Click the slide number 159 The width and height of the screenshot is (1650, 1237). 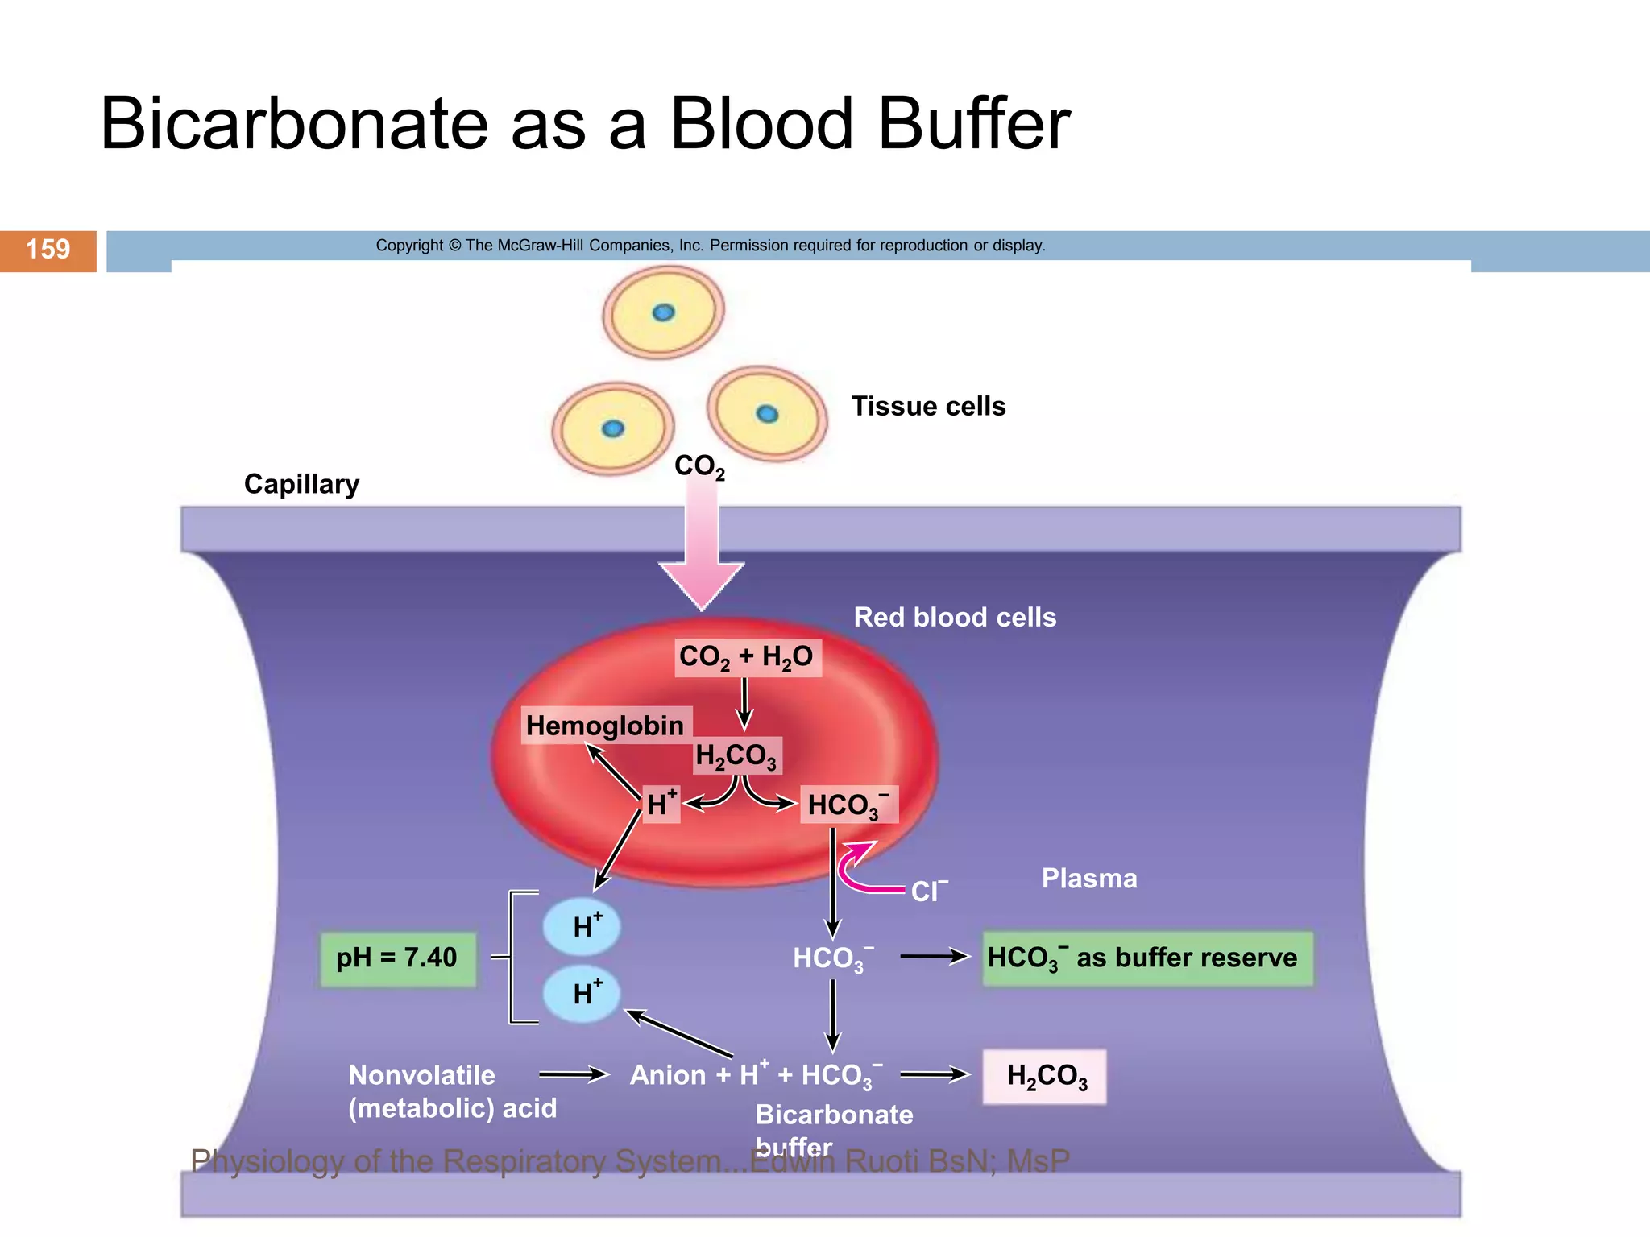click(x=48, y=250)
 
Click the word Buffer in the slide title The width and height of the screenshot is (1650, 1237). click(x=973, y=125)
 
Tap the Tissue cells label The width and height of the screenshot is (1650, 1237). click(x=928, y=407)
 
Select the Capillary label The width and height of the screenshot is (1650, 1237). click(x=301, y=484)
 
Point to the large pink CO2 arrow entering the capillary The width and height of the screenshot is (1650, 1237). click(x=702, y=556)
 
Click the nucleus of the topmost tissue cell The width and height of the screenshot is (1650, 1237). click(x=663, y=312)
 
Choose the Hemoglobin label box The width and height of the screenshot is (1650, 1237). click(x=604, y=726)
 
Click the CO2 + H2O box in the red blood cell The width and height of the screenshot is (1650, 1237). click(x=747, y=657)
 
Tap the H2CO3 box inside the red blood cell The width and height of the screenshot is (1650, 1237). click(x=736, y=756)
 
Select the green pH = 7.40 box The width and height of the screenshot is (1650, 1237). click(x=397, y=958)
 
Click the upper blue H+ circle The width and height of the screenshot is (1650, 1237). click(x=582, y=926)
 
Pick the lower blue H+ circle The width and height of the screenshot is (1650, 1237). click(x=582, y=994)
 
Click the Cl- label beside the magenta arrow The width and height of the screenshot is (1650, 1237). click(x=929, y=891)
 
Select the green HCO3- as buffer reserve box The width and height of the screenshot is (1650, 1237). click(x=1146, y=958)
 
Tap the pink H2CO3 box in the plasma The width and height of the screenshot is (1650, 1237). click(x=1045, y=1077)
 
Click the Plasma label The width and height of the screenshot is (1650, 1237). click(x=1089, y=879)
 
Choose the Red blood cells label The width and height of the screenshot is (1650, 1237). click(x=955, y=618)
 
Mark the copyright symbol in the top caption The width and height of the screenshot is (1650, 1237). click(x=454, y=246)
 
